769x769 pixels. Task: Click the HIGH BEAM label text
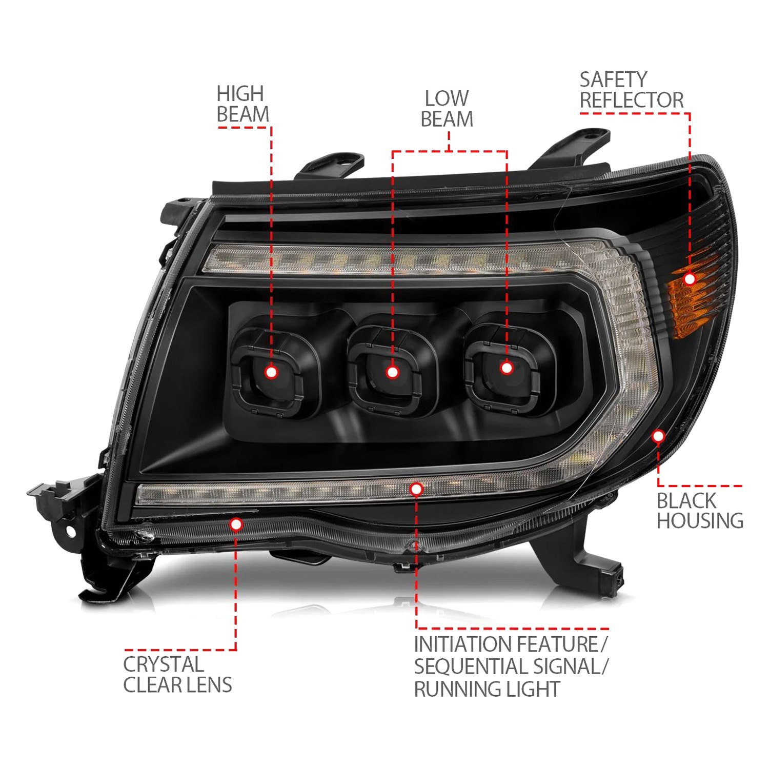[x=242, y=104]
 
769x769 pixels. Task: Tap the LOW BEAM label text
[x=447, y=109]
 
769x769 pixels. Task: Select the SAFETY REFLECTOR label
[x=631, y=90]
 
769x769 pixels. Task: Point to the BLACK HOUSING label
[x=700, y=511]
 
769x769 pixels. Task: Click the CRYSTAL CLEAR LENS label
[x=177, y=674]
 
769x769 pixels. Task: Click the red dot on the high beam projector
[x=271, y=372]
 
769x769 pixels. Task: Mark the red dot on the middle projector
[x=392, y=372]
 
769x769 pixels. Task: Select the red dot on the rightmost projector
[x=507, y=368]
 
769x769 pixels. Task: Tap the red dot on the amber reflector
[x=690, y=278]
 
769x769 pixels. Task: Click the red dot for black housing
[x=658, y=436]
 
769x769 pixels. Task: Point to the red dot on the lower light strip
[x=416, y=489]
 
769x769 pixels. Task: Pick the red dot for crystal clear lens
[x=236, y=524]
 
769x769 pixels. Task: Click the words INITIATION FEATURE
[x=505, y=644]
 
